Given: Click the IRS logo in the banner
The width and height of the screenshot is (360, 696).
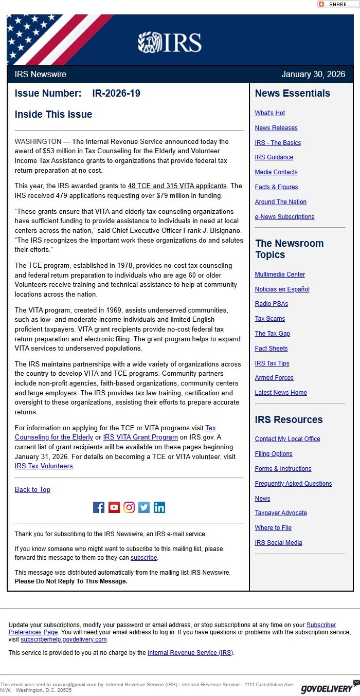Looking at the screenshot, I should point(170,42).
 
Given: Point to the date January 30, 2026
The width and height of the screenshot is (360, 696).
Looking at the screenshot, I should point(313,74).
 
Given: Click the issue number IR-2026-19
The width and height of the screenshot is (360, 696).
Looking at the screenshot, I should point(116,93).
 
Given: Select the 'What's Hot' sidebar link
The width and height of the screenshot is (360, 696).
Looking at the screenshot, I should point(269,113).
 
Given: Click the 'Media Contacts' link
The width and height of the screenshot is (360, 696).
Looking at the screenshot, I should point(276,172).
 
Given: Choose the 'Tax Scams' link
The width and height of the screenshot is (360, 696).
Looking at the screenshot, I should point(269,319).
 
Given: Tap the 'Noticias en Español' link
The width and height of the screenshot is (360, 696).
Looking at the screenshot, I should point(282,289).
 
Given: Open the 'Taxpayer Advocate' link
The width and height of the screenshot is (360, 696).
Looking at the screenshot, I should point(281,513).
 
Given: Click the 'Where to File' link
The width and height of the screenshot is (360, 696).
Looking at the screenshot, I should point(273,528).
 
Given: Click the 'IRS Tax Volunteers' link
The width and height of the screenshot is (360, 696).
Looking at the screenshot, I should point(44,466).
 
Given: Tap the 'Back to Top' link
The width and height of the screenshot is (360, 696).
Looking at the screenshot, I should point(32,490).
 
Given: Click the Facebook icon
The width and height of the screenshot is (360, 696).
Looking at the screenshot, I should point(99,507).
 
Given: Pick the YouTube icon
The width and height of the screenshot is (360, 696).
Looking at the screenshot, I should point(114,507).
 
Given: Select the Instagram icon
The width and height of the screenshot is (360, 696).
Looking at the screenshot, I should point(129,507).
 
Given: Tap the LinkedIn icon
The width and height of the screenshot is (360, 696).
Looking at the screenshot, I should point(159,507).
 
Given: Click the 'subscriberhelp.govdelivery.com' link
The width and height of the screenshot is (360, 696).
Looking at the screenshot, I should point(64,639).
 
